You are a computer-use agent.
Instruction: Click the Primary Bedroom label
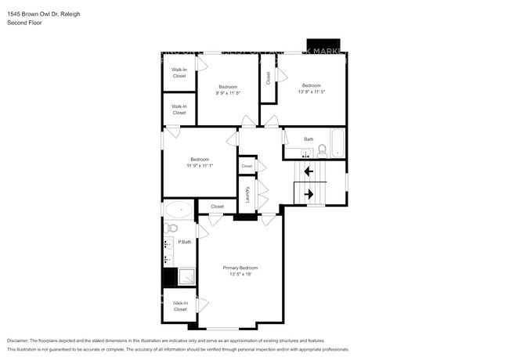click(x=240, y=268)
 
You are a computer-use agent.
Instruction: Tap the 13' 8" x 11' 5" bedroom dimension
click(x=311, y=92)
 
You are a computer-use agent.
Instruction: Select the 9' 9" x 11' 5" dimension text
click(x=227, y=92)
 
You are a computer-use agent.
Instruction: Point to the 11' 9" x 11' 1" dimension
click(x=200, y=166)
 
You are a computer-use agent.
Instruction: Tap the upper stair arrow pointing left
click(x=309, y=170)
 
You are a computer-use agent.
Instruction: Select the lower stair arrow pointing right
click(x=309, y=193)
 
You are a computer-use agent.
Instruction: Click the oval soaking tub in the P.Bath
click(x=178, y=209)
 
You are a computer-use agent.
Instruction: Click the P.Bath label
click(x=185, y=242)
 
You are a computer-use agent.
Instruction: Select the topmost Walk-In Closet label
click(x=179, y=72)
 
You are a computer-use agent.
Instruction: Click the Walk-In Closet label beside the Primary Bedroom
click(x=180, y=306)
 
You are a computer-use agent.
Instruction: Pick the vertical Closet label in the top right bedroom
click(x=268, y=77)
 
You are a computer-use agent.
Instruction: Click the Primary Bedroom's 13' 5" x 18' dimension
click(x=240, y=274)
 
